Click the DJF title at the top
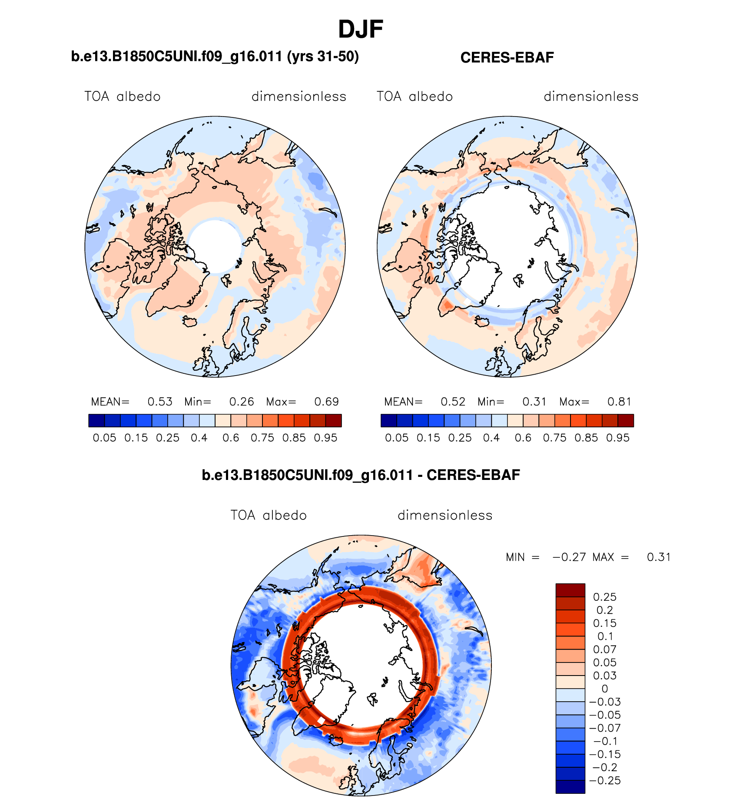click(360, 30)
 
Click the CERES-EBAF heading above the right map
click(507, 57)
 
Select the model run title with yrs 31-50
click(215, 57)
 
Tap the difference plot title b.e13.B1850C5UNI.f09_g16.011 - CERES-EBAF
click(361, 475)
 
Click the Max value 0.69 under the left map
click(326, 402)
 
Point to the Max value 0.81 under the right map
click(619, 402)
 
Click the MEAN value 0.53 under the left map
click(160, 402)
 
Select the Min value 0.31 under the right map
click(534, 402)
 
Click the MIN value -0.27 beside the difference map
click(569, 557)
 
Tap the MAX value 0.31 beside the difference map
click(659, 557)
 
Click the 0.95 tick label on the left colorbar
click(325, 438)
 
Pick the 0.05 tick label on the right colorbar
click(397, 438)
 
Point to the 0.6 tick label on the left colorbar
click(231, 438)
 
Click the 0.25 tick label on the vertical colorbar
click(605, 597)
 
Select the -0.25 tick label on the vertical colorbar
click(605, 780)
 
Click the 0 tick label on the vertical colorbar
click(605, 689)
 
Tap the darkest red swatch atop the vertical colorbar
click(570, 590)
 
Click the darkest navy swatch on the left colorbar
click(96, 420)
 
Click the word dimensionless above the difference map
click(445, 516)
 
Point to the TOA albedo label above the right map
click(415, 97)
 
